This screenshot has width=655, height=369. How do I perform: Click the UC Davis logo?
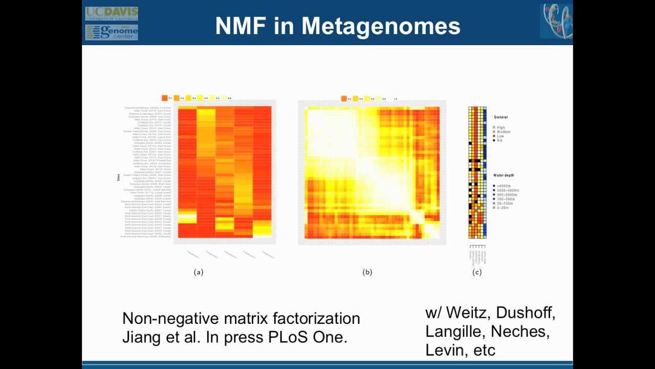coord(111,13)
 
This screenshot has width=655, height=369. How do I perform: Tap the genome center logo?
coord(111,32)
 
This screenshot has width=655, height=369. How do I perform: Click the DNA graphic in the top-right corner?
coord(556,21)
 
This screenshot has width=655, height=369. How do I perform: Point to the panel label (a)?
coord(199,272)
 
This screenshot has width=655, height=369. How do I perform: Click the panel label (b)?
coord(367,272)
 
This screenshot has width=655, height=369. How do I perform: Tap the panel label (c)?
coord(477,272)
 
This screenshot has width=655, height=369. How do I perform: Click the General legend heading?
coord(501,117)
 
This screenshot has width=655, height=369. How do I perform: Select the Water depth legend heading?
coord(504,176)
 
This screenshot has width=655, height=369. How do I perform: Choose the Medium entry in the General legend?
coord(503,132)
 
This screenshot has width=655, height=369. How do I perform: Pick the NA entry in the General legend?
coord(499,140)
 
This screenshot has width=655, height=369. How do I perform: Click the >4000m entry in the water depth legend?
coord(504,186)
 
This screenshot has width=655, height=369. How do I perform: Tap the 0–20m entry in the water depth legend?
coord(504,208)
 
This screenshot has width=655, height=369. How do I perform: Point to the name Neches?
coord(520,332)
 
